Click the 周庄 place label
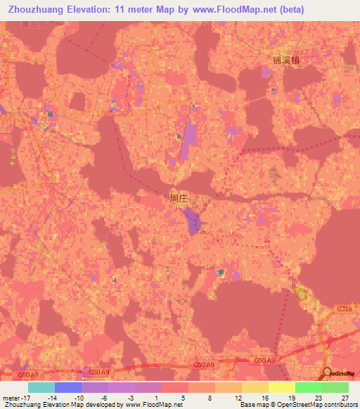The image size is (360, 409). click(x=179, y=199)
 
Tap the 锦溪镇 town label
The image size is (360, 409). click(x=286, y=60)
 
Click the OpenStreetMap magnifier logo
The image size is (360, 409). click(x=328, y=374)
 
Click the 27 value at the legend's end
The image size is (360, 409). click(x=345, y=398)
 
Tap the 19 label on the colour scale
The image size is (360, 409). click(x=292, y=398)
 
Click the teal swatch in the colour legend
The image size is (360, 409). click(x=41, y=387)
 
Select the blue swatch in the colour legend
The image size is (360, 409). click(x=68, y=387)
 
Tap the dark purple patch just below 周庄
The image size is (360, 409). click(x=193, y=225)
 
